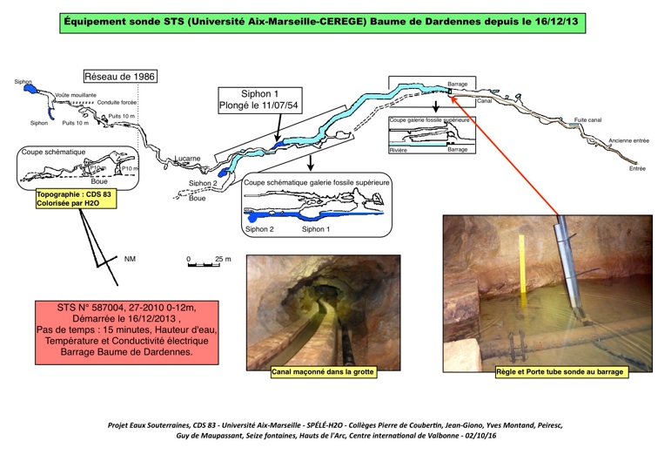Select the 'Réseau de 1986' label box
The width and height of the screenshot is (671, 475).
click(x=121, y=77)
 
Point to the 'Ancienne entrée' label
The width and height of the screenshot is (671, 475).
click(x=627, y=140)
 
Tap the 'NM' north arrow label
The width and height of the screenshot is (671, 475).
click(x=131, y=259)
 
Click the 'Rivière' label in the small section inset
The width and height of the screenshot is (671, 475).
click(x=399, y=150)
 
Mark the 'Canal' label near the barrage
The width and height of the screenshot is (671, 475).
click(x=485, y=101)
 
